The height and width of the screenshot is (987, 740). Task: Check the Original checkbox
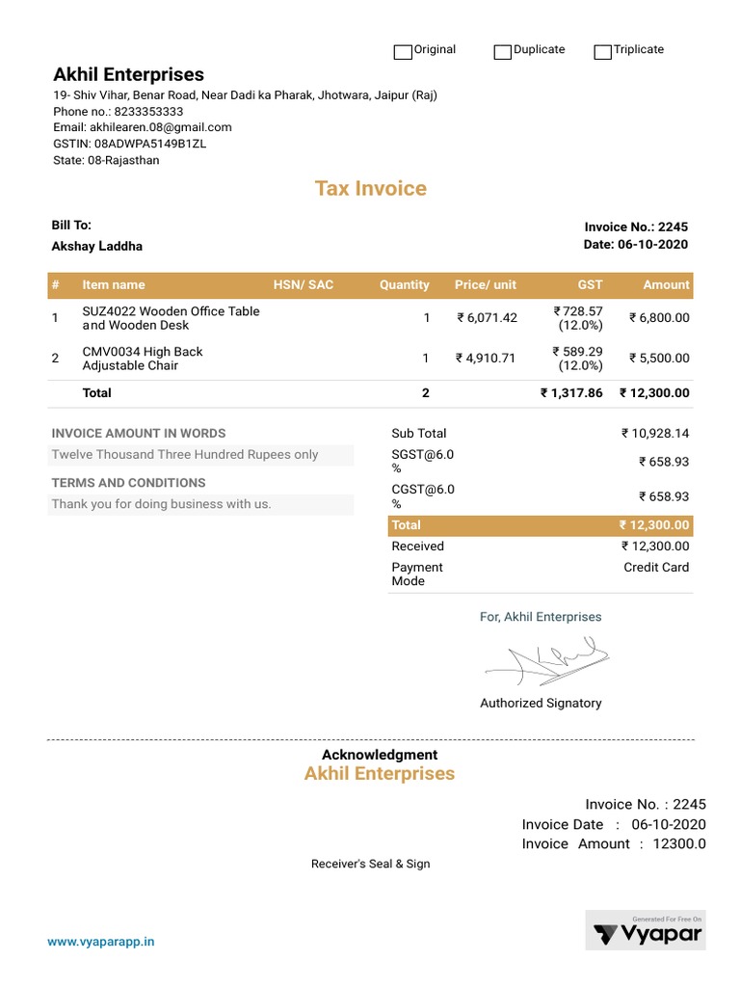403,51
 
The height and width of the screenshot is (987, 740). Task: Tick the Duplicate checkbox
502,51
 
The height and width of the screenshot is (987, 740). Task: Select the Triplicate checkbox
603,51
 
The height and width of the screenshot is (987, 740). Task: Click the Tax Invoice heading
370,188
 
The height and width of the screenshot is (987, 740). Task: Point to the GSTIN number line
129,144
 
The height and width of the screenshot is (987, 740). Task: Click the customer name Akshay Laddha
96,246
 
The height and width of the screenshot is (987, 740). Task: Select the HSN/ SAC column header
303,284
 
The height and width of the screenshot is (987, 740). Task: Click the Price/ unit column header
485,284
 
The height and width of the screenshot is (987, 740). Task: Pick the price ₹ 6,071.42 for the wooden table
487,318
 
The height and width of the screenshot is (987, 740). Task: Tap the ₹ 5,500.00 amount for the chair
659,358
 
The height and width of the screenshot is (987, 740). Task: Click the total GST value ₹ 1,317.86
571,393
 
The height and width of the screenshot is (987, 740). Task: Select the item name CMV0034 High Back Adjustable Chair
143,359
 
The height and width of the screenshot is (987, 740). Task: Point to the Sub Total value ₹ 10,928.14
655,434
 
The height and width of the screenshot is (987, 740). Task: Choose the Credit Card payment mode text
656,568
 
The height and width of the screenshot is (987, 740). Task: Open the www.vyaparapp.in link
101,942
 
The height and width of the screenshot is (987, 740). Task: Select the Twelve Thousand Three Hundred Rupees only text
185,455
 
